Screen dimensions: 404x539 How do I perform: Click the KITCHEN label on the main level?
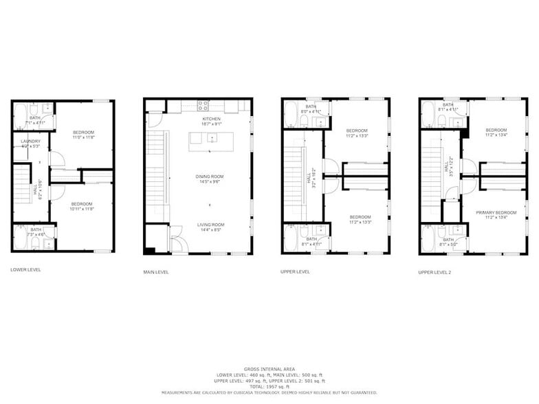(x=211, y=119)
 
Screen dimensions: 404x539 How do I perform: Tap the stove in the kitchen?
(x=203, y=105)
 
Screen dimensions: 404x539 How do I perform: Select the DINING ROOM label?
(x=210, y=177)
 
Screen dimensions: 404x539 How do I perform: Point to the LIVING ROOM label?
(x=210, y=225)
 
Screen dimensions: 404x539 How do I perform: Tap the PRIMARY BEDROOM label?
(x=496, y=213)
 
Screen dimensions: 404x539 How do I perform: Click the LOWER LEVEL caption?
(x=25, y=269)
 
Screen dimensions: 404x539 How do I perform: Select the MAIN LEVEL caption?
(x=156, y=272)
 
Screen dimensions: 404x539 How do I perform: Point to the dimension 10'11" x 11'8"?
(x=82, y=209)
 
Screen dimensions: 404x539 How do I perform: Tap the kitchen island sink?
(x=212, y=138)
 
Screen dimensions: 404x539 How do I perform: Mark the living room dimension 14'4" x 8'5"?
(x=210, y=229)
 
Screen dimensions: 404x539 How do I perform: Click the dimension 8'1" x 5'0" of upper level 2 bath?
(x=448, y=244)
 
